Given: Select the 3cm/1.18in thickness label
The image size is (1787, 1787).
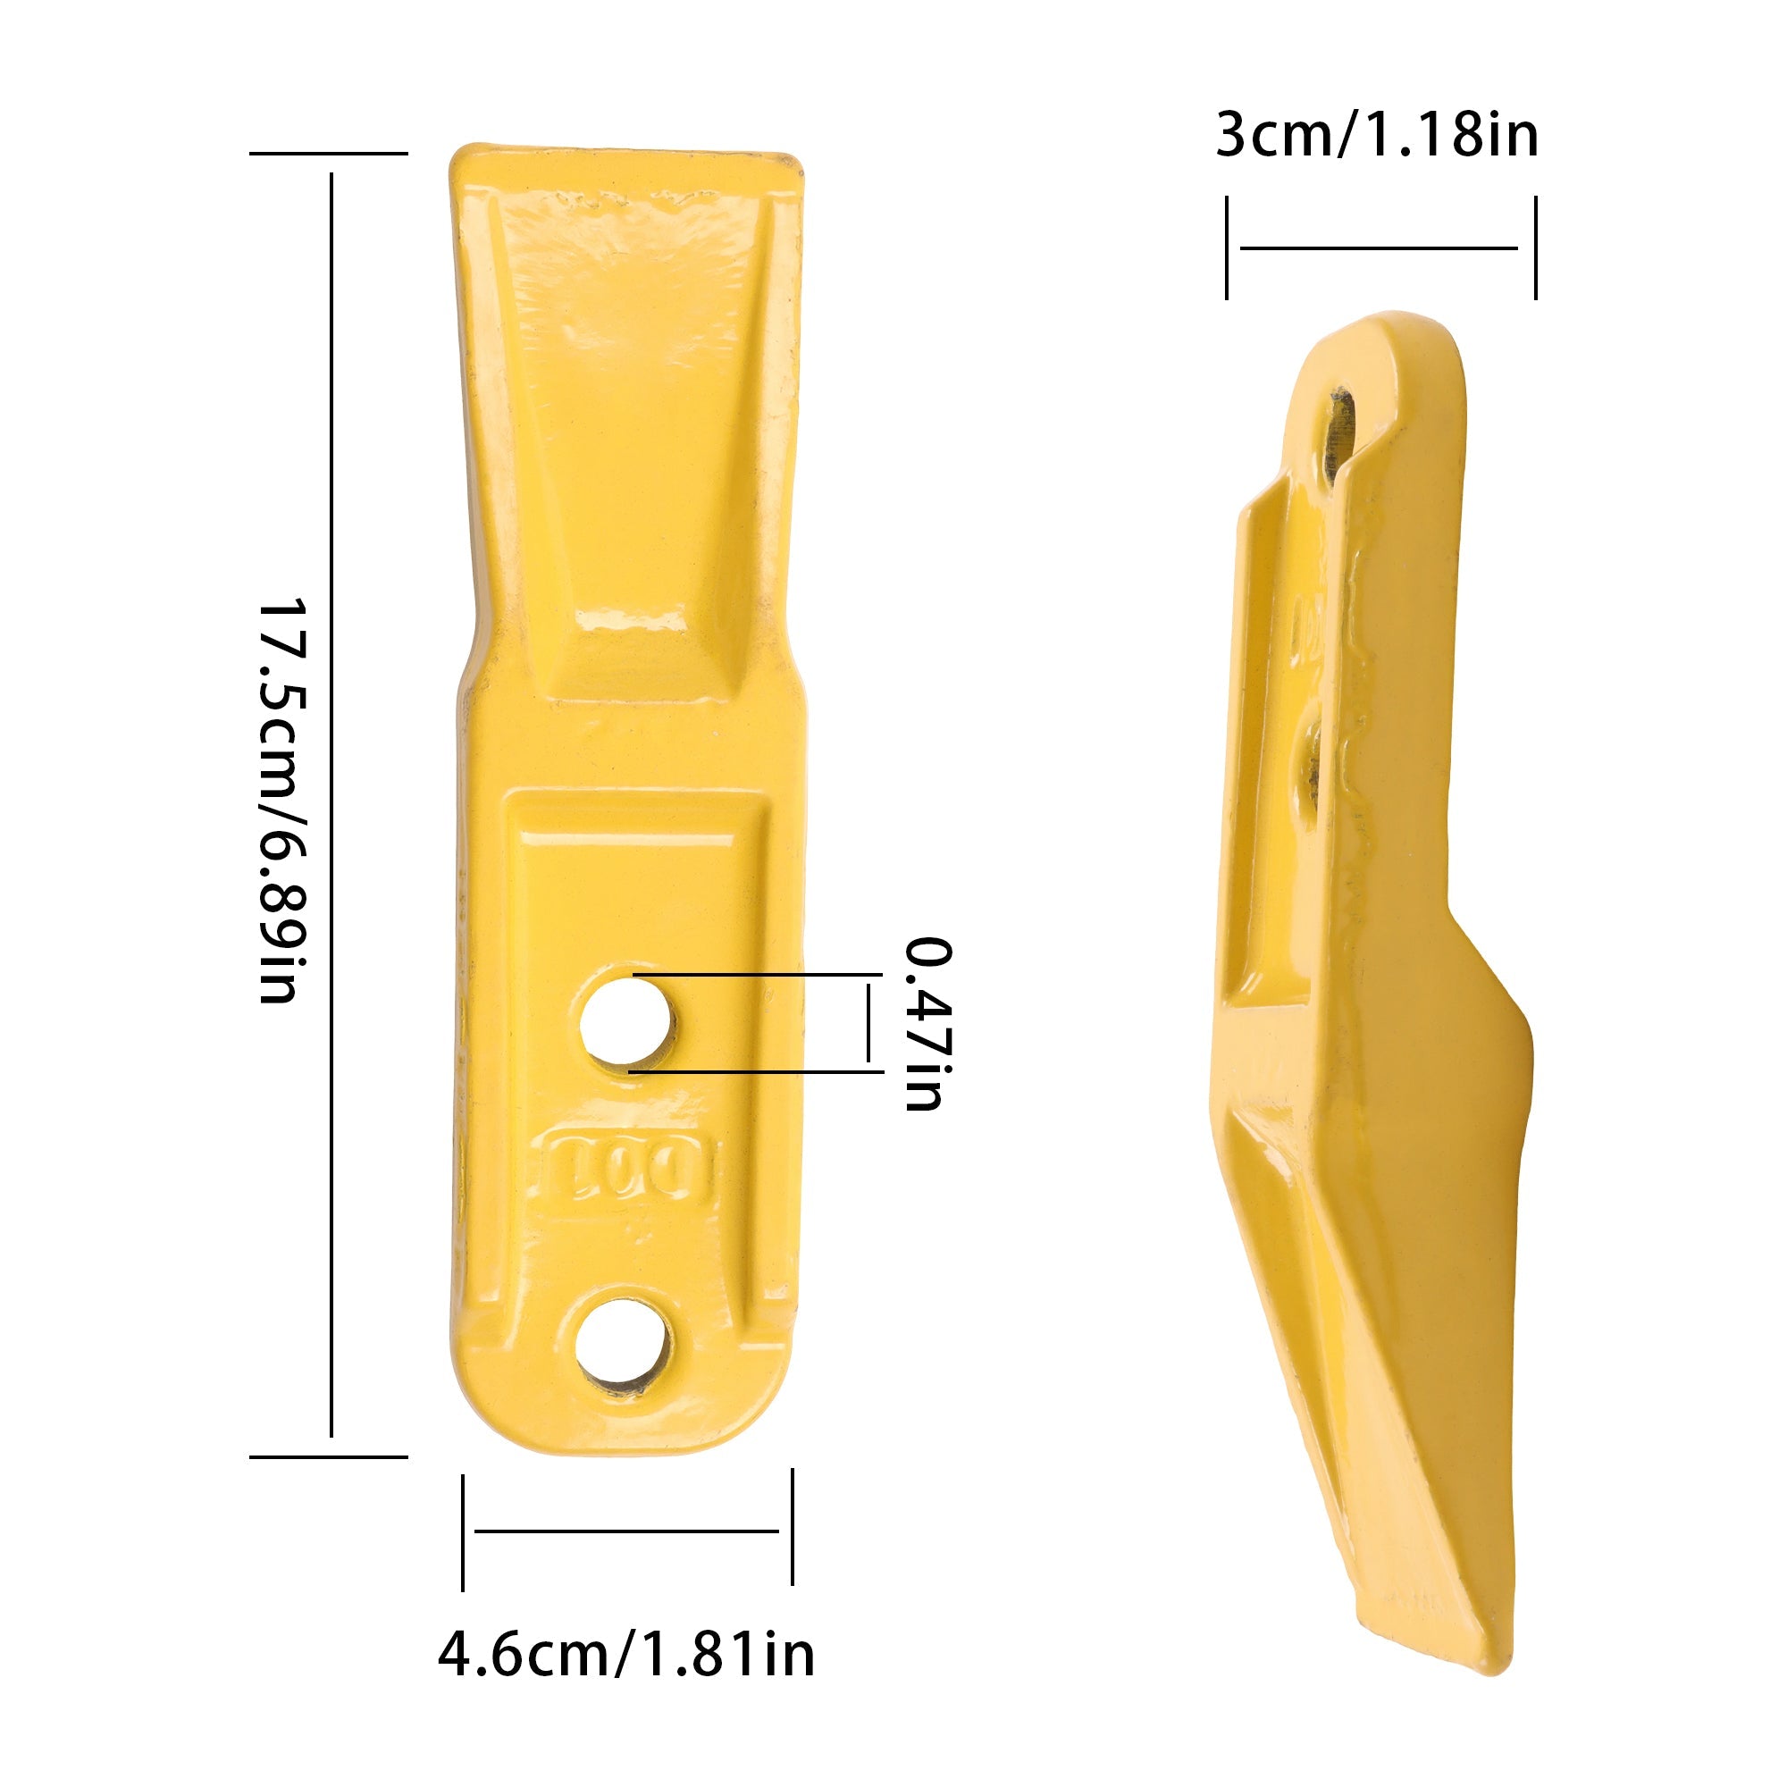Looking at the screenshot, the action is (x=1377, y=135).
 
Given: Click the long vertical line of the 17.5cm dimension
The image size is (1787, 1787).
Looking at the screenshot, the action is (x=331, y=805).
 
